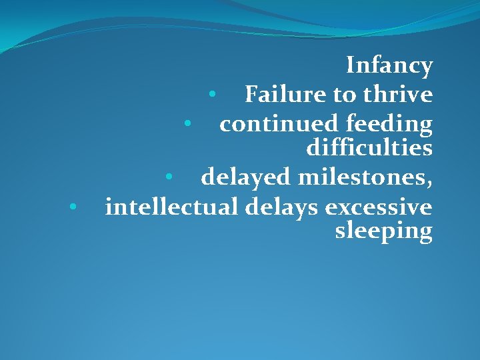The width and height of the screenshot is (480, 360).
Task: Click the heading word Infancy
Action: coord(389,66)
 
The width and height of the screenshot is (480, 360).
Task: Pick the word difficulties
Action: coord(369,147)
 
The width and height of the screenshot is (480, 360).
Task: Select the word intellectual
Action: coord(171,207)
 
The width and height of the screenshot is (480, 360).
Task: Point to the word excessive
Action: coord(379,207)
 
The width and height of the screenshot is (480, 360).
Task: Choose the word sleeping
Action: coord(383,231)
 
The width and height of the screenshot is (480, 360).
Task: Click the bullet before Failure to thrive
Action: coord(211,95)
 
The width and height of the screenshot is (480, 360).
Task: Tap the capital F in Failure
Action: coord(251,95)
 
